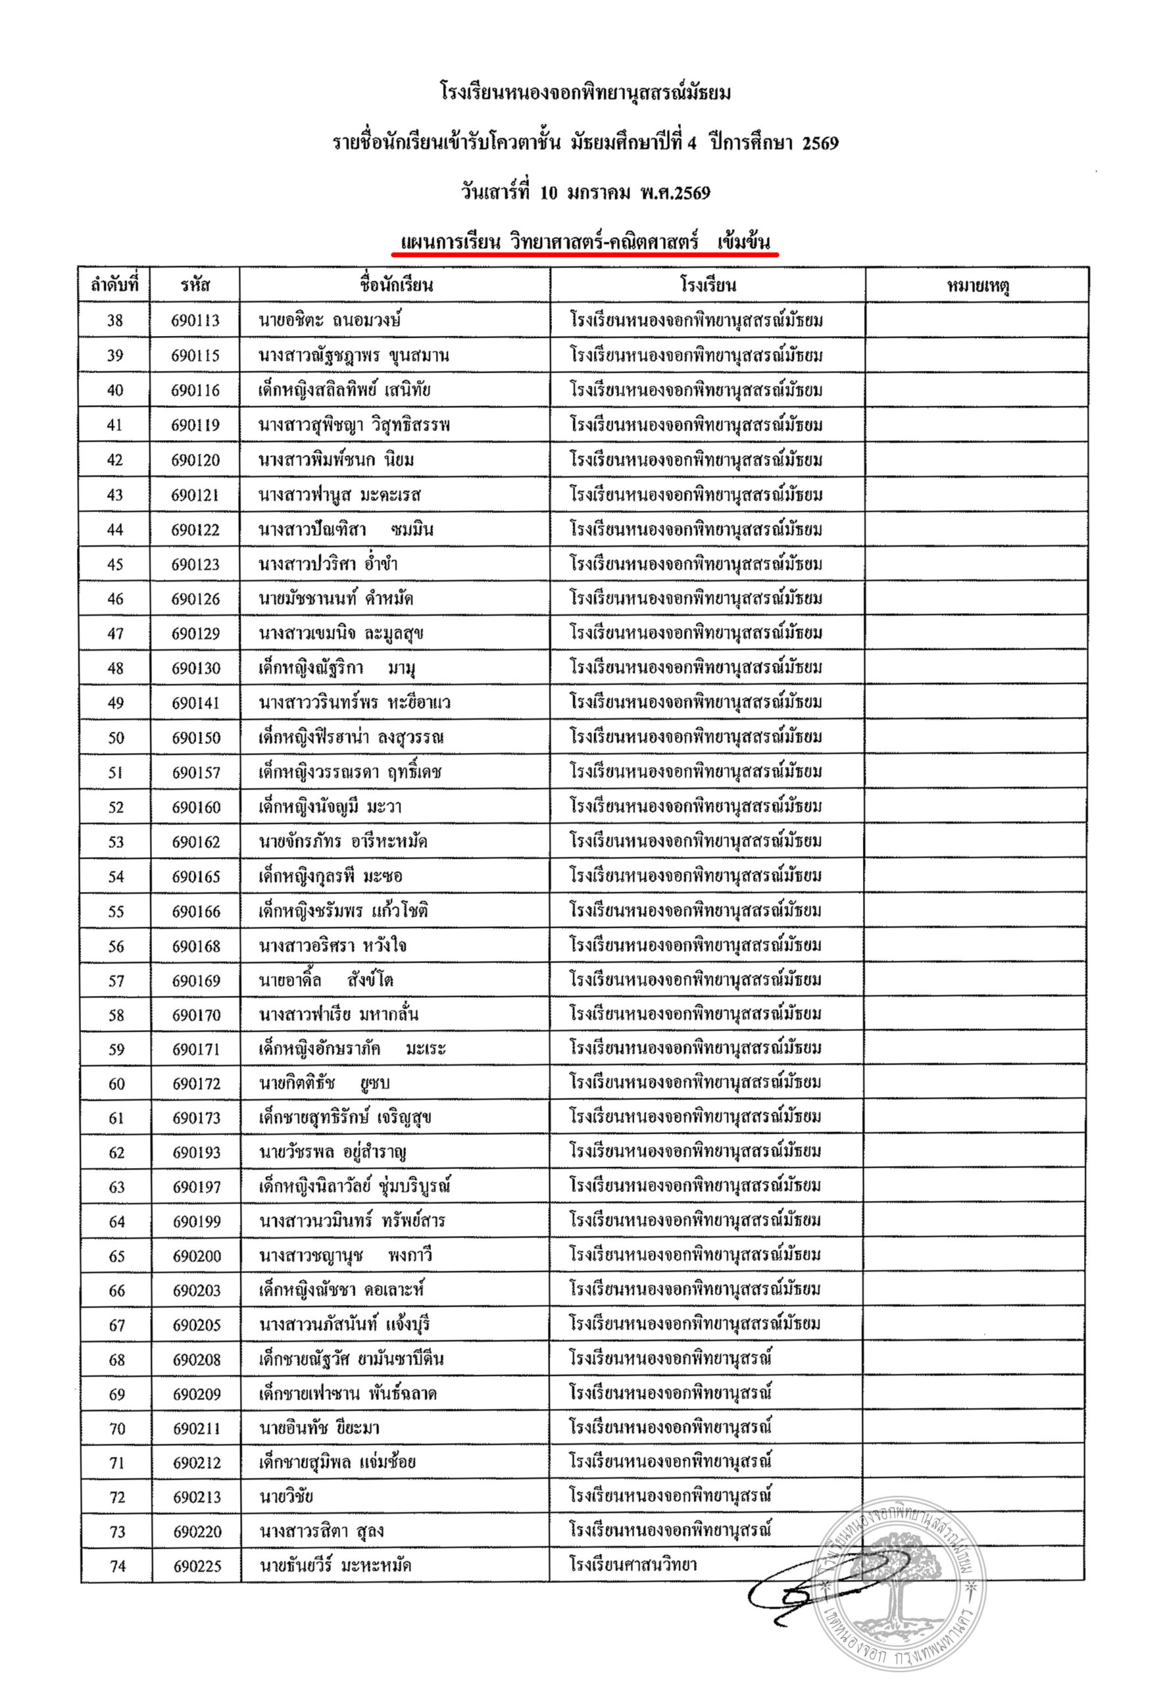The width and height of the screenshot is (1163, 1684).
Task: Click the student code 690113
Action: coord(195,320)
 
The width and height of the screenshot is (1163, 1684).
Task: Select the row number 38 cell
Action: coord(115,320)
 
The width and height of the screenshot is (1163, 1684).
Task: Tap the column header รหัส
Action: coord(195,285)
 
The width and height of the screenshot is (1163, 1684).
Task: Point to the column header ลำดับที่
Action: coord(114,285)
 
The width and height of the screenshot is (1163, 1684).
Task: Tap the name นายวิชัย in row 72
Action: coord(286,1497)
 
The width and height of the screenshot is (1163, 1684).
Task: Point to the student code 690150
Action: coord(196,738)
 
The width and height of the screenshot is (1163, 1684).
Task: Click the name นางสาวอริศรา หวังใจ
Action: coord(332,946)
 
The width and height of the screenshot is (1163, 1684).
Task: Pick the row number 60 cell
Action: coord(116,1083)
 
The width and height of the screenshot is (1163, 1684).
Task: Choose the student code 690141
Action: coord(196,703)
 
